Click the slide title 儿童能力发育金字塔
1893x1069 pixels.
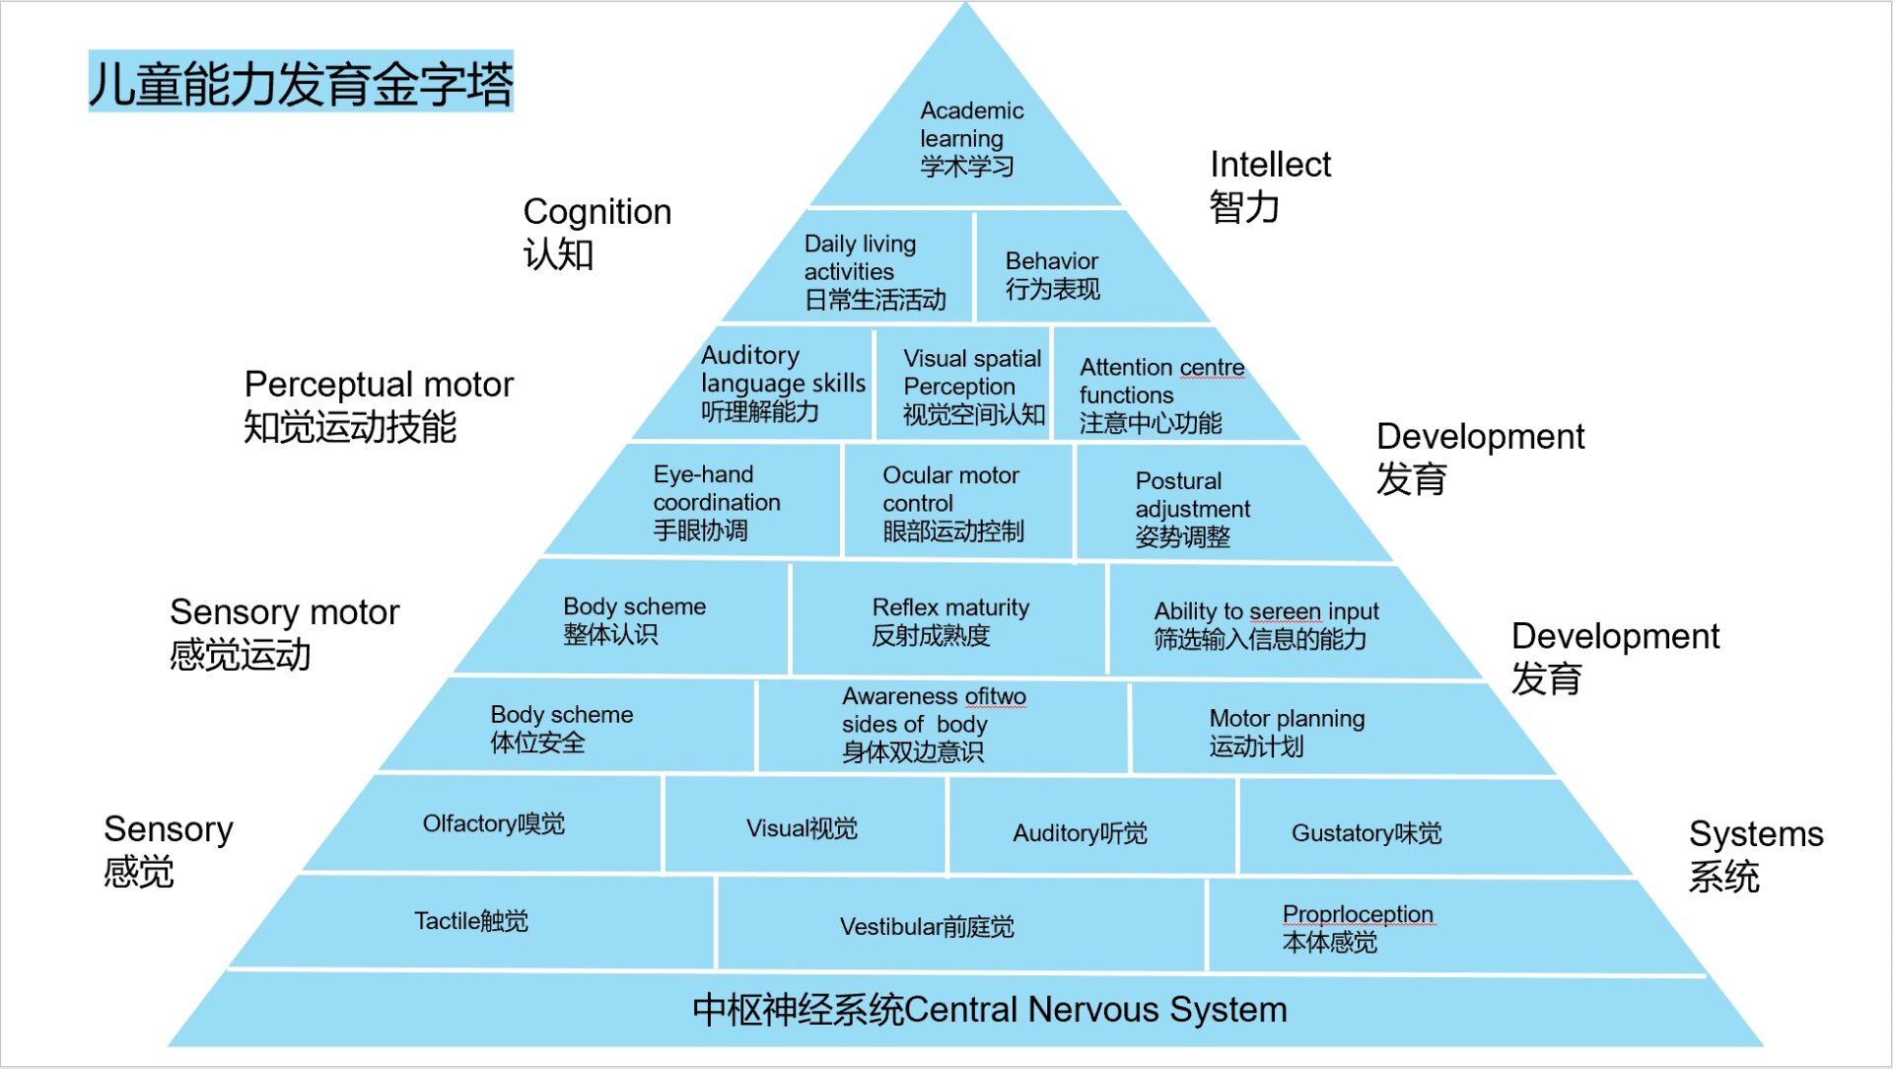click(301, 83)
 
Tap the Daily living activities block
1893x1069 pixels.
click(874, 271)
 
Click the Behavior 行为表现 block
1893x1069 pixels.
click(1053, 275)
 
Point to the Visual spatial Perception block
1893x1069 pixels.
click(972, 387)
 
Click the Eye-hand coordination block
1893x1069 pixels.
click(716, 502)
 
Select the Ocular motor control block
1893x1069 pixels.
click(952, 503)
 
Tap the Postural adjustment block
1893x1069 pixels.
click(1191, 509)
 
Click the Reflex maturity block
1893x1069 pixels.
click(949, 621)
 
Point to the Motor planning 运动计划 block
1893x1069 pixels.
click(1287, 732)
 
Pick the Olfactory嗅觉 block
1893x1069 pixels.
click(493, 824)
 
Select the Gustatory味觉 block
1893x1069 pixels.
click(1366, 833)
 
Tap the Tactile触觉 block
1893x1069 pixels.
click(471, 921)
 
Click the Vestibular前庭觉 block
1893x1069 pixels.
click(927, 927)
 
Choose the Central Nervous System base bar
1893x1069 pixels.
click(989, 1010)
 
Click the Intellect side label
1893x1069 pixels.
click(1269, 185)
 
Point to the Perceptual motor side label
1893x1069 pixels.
click(379, 405)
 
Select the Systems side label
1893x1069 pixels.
click(1755, 855)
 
